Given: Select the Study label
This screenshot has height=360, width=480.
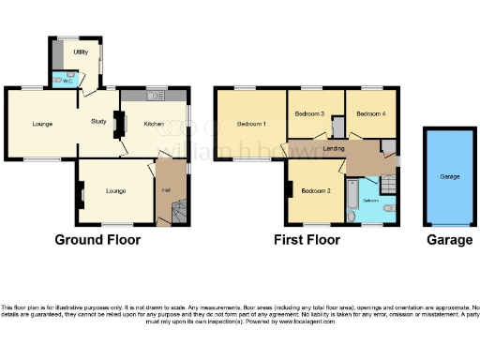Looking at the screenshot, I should [98, 121].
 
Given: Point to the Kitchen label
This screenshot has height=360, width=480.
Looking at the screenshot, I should [154, 124].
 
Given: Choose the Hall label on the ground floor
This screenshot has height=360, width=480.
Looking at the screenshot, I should [166, 190].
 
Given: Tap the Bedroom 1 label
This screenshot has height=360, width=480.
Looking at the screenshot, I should [251, 125].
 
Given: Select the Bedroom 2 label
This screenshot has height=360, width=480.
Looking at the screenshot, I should [315, 191].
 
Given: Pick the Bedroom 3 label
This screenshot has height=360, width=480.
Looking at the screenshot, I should [309, 114].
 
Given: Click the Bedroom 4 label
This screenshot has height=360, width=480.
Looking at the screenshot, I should [371, 114].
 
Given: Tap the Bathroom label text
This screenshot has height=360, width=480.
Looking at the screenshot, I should [371, 202].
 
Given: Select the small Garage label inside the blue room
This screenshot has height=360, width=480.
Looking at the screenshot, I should [451, 176].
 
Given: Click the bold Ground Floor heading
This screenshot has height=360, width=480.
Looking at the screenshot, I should [97, 240].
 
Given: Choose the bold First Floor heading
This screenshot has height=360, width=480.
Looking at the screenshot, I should [307, 240].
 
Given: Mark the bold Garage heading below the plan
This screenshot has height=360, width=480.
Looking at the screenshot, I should [450, 240].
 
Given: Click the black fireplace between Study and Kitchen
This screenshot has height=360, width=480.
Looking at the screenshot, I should [119, 122].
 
